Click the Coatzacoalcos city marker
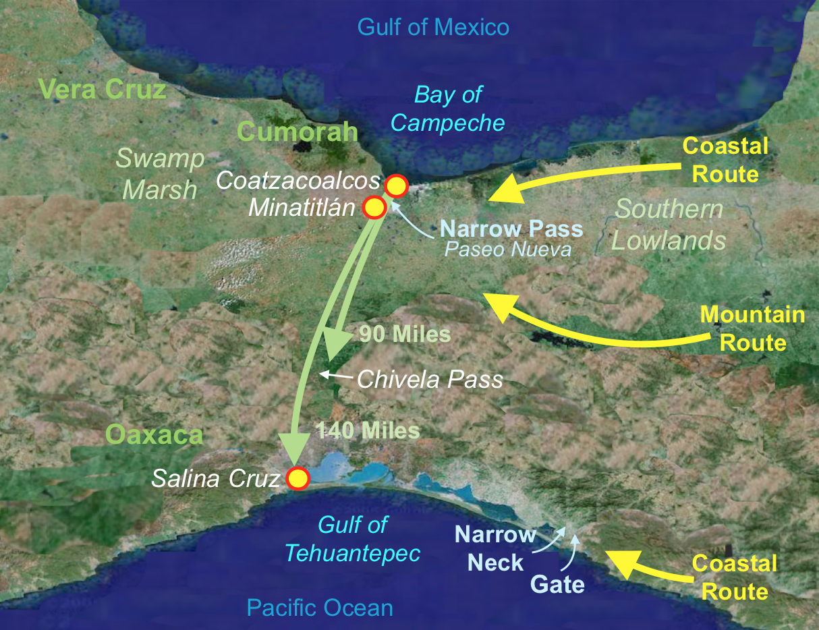(396, 185)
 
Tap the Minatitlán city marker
(374, 208)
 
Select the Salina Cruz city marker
(298, 478)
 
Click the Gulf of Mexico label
(433, 28)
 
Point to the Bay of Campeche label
(448, 109)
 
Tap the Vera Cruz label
(103, 89)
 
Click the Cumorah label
(298, 132)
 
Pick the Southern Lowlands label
(669, 225)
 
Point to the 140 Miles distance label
(368, 430)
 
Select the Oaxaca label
(154, 435)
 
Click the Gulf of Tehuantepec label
(352, 539)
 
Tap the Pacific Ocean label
(320, 608)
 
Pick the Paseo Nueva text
(507, 250)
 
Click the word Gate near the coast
(557, 583)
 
